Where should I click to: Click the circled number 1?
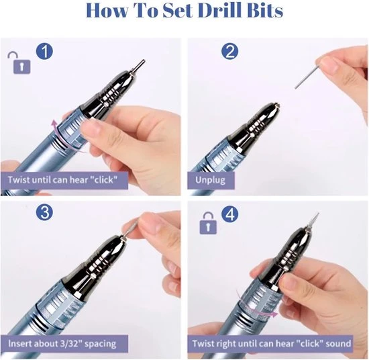point(44,51)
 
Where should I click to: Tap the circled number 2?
point(230,51)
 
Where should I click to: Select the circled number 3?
point(44,212)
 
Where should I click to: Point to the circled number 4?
point(230,215)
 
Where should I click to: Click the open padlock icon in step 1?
point(19,62)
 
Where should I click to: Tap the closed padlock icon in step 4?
point(208,223)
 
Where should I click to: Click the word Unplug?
point(210,180)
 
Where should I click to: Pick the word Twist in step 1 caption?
point(19,179)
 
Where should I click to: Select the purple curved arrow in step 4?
point(256,306)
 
